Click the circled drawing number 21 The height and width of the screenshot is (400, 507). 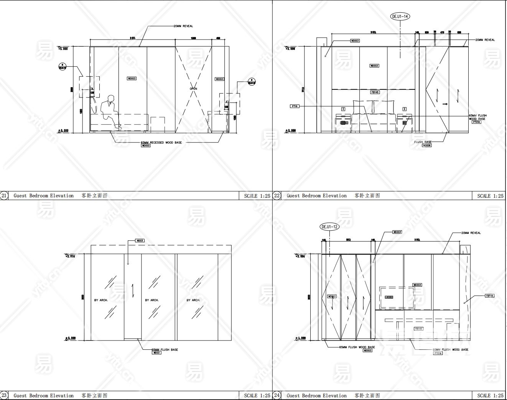pyautogui.click(x=4, y=196)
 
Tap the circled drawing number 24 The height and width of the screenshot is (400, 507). pyautogui.click(x=277, y=395)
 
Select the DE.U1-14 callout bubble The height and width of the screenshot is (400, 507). pyautogui.click(x=400, y=17)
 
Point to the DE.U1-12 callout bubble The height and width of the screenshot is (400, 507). pyautogui.click(x=329, y=227)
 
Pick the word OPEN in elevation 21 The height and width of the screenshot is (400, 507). pyautogui.click(x=193, y=89)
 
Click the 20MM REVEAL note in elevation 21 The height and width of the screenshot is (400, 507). pyautogui.click(x=183, y=26)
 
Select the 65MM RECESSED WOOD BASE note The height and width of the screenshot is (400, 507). pyautogui.click(x=161, y=142)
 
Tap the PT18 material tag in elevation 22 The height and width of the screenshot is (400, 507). pyautogui.click(x=295, y=106)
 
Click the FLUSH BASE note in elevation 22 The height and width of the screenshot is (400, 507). pyautogui.click(x=423, y=142)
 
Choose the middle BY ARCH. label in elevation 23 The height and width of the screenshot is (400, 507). pyautogui.click(x=152, y=300)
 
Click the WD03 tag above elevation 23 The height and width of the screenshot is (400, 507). pyautogui.click(x=140, y=241)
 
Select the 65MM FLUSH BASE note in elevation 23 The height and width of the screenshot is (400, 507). pyautogui.click(x=165, y=350)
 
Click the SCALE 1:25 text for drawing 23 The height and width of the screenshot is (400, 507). pyautogui.click(x=257, y=395)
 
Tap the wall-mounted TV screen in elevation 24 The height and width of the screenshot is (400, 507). pyautogui.click(x=397, y=297)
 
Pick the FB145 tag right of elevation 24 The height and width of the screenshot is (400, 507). pyautogui.click(x=489, y=296)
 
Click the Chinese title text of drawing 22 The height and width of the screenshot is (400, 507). pyautogui.click(x=367, y=196)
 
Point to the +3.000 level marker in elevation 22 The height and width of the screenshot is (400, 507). pyautogui.click(x=290, y=49)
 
